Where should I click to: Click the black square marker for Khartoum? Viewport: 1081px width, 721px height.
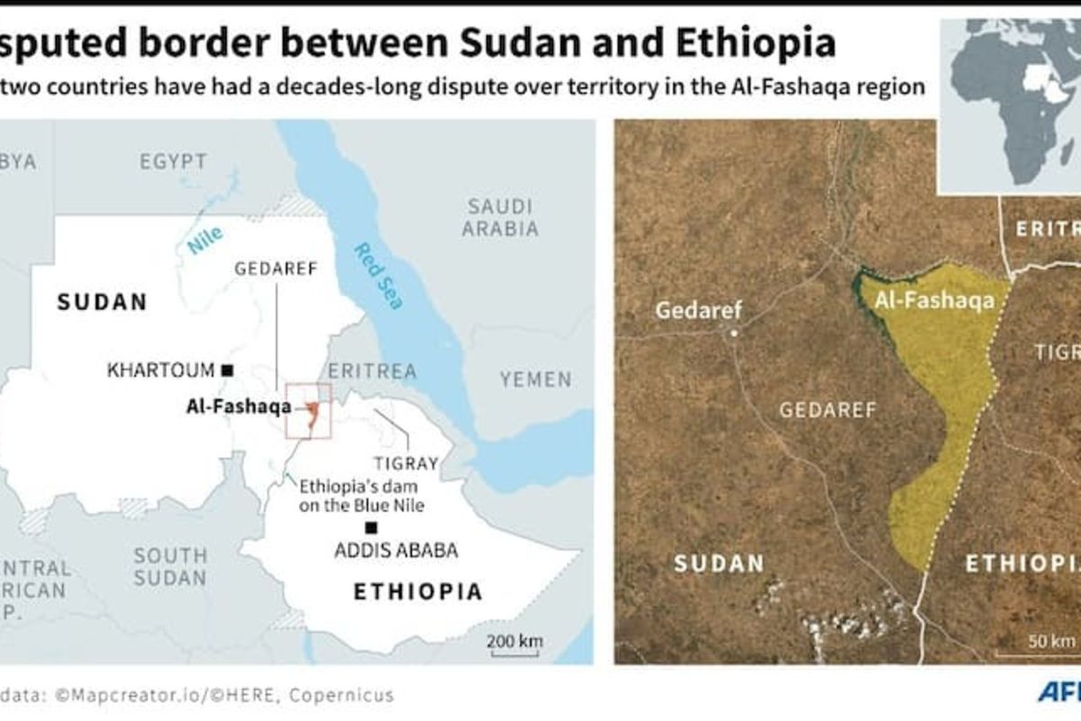(228, 370)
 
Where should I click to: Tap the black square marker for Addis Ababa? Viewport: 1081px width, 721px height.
(370, 527)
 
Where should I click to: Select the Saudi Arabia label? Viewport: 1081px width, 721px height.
(500, 217)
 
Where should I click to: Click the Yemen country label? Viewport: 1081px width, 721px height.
(536, 379)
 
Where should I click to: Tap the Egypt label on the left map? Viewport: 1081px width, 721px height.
(173, 162)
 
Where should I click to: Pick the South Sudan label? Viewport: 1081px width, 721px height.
(170, 566)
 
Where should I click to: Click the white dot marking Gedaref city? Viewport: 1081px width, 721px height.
(734, 333)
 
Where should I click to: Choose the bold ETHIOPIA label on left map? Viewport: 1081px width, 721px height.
(417, 592)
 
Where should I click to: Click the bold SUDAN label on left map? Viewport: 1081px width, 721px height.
(102, 302)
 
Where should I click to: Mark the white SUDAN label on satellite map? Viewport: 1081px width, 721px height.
(719, 564)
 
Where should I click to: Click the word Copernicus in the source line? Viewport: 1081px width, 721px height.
(348, 695)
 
